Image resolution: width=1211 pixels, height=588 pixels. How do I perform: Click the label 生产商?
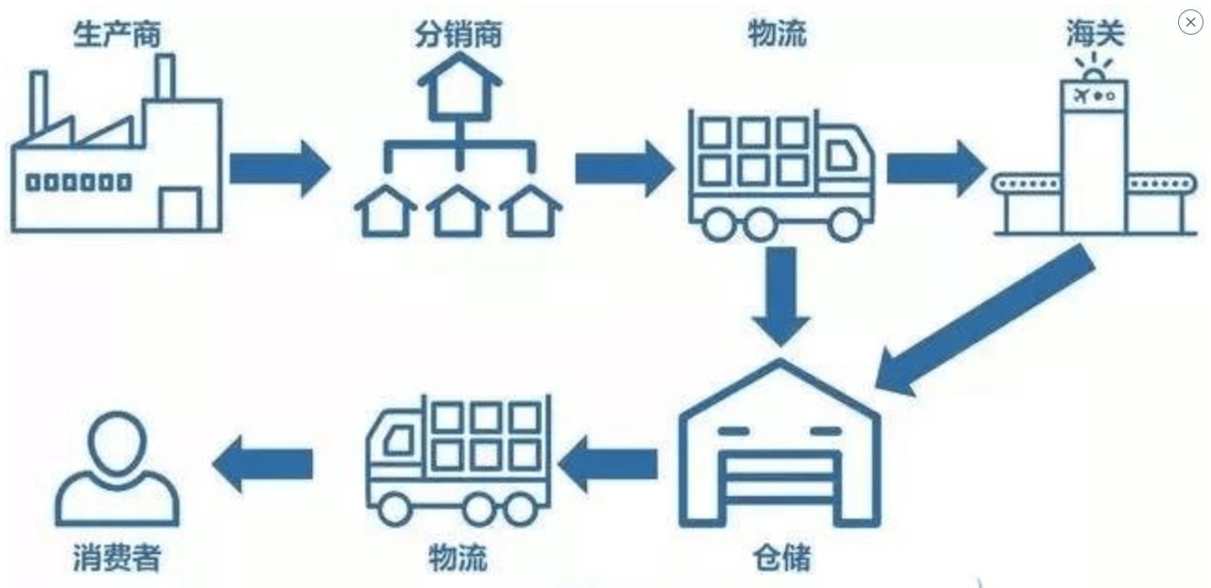click(117, 35)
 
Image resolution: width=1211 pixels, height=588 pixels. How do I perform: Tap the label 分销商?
click(458, 35)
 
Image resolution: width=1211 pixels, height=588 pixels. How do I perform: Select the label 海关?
click(1095, 35)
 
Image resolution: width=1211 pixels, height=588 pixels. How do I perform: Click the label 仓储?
click(781, 558)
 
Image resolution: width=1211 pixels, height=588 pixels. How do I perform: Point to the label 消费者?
click(117, 558)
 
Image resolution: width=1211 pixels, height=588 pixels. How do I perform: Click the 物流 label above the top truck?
click(776, 35)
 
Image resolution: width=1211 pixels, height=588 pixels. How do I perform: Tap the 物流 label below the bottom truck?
click(458, 558)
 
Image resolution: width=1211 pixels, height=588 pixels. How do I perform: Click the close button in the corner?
click(1190, 23)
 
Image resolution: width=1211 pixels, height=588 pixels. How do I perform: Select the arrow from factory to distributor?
click(280, 169)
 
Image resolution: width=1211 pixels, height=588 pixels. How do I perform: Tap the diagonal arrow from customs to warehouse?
click(986, 319)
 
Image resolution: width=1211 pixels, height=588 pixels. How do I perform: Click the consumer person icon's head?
click(116, 441)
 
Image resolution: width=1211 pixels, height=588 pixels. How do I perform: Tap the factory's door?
click(180, 208)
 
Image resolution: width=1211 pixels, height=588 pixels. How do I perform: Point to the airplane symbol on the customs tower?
click(1080, 95)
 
